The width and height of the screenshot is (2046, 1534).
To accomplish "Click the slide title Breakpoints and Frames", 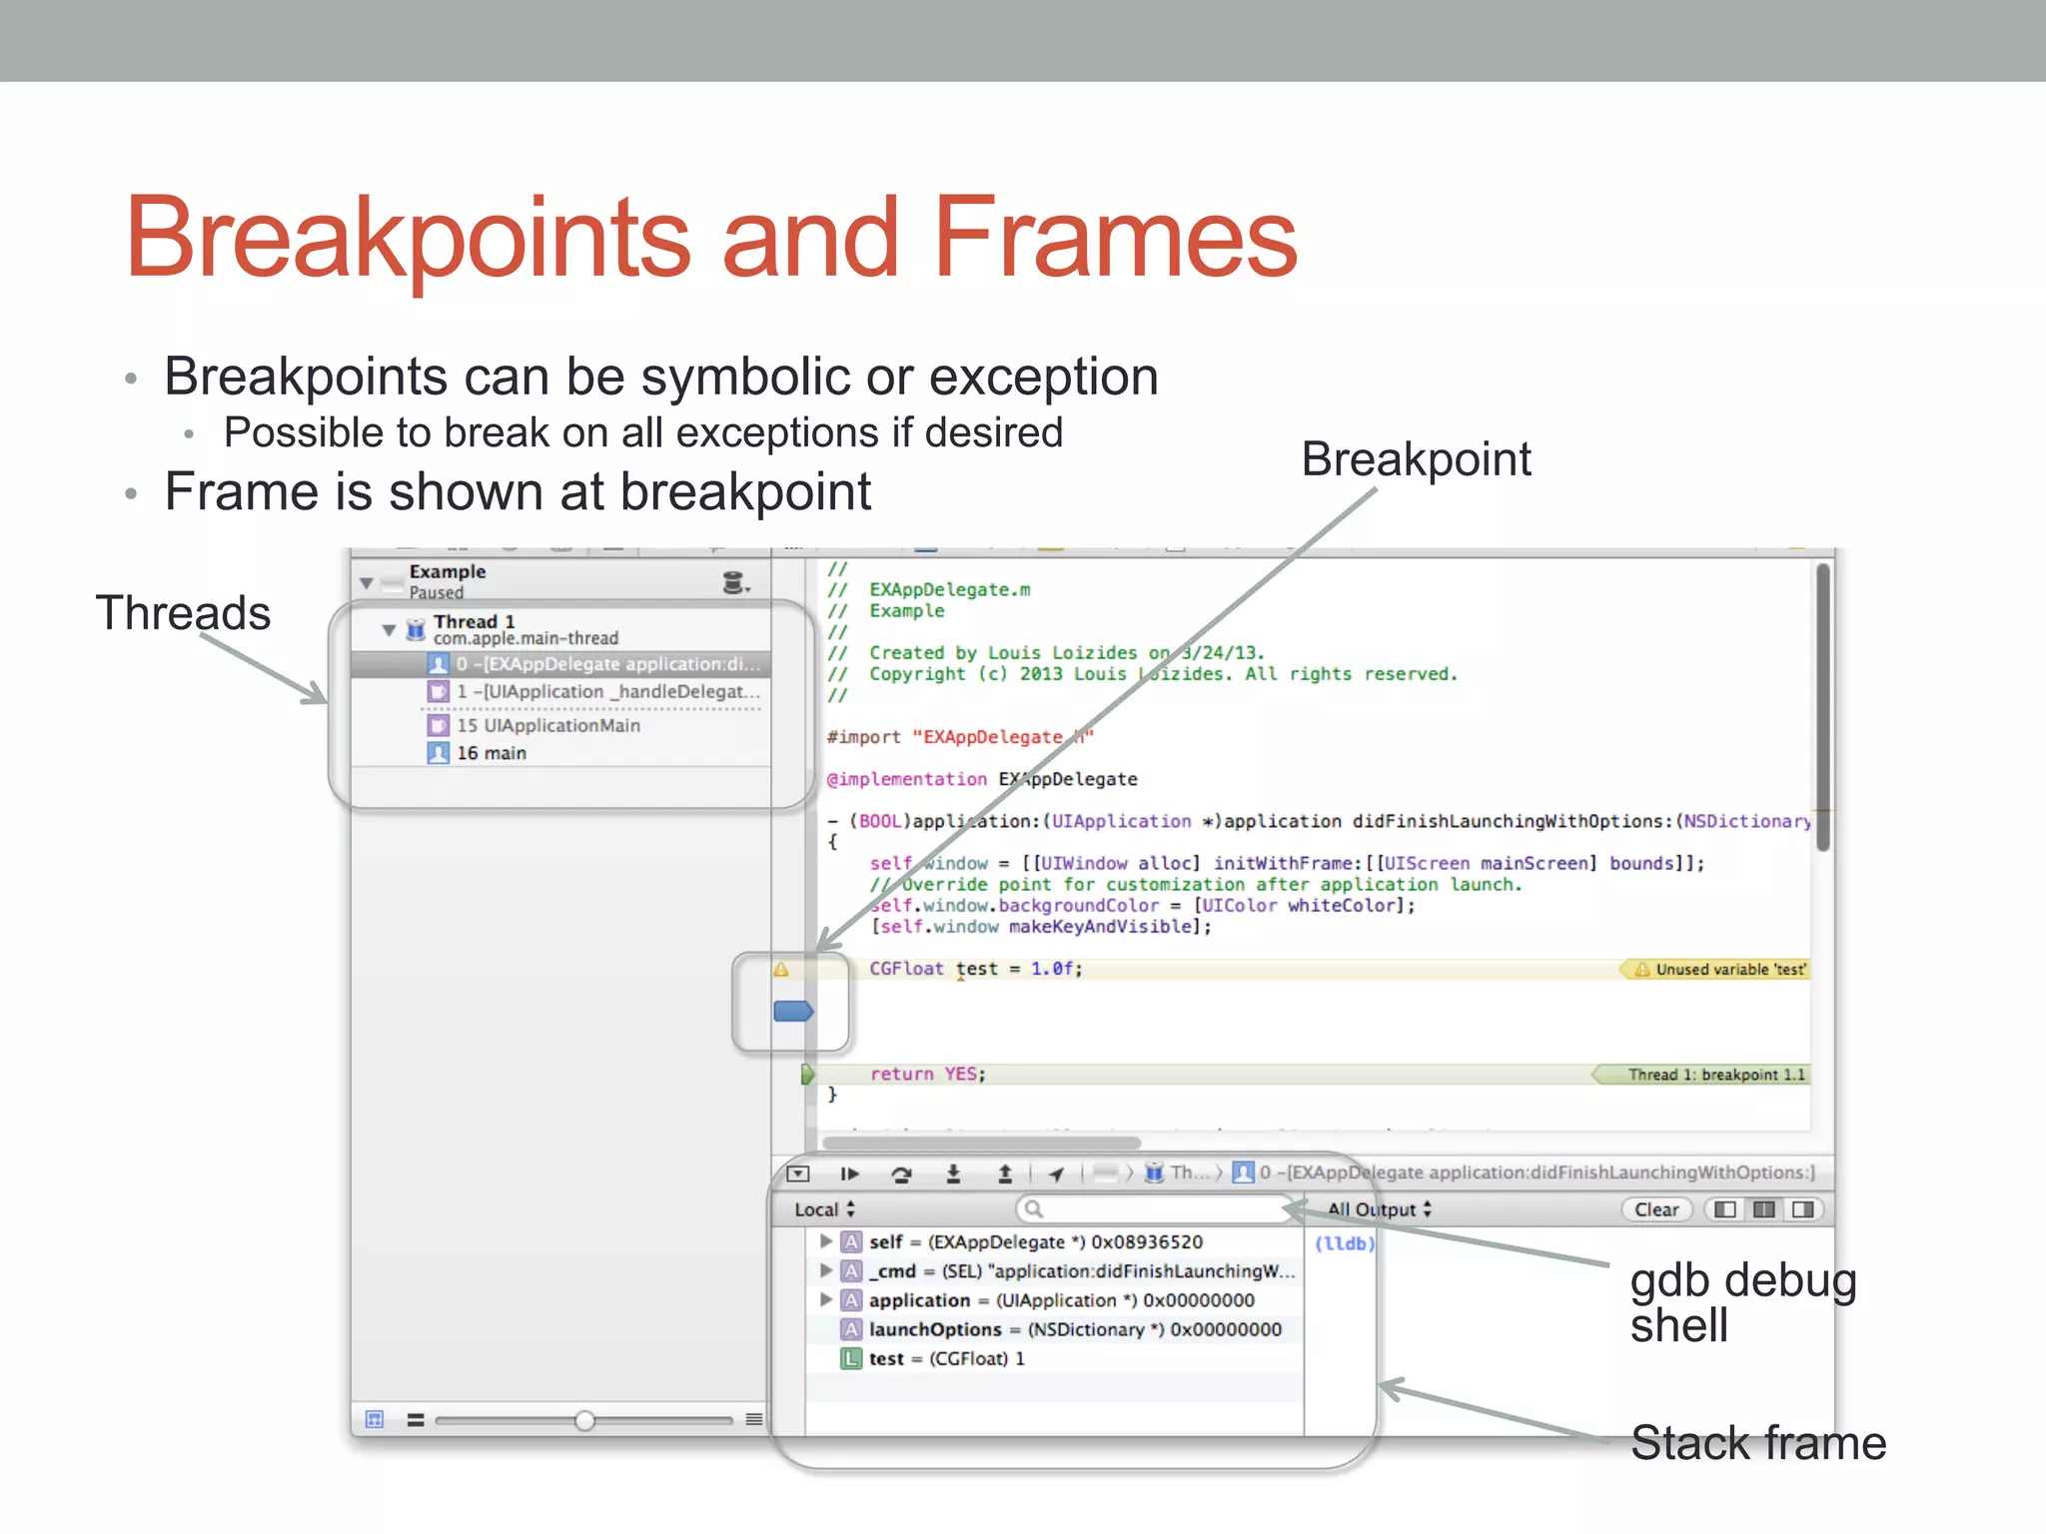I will pyautogui.click(x=710, y=239).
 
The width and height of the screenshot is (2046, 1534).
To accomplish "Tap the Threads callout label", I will pyautogui.click(x=183, y=612).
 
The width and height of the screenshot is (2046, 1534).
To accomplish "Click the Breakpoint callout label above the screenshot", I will pyautogui.click(x=1416, y=459).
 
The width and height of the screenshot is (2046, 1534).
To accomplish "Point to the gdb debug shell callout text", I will pyautogui.click(x=1742, y=1302).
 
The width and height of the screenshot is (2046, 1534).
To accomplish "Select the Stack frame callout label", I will pyautogui.click(x=1757, y=1443).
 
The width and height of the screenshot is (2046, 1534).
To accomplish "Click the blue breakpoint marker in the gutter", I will pyautogui.click(x=793, y=1012).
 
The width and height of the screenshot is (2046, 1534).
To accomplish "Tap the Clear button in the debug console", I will pyautogui.click(x=1655, y=1209).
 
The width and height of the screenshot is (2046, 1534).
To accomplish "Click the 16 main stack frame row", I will pyautogui.click(x=492, y=753).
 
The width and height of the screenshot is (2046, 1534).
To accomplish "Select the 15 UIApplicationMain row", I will pyautogui.click(x=547, y=725).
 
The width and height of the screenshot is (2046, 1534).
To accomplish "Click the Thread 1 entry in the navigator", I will pyautogui.click(x=475, y=622).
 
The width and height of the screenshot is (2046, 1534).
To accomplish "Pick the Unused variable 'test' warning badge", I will pyautogui.click(x=1719, y=969).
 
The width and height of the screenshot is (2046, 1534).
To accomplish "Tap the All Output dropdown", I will pyautogui.click(x=1380, y=1209).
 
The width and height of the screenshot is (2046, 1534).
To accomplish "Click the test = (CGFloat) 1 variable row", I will pyautogui.click(x=945, y=1358).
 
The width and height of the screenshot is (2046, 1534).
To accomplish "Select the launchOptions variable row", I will pyautogui.click(x=1073, y=1329).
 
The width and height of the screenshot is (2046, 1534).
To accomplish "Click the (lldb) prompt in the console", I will pyautogui.click(x=1344, y=1243).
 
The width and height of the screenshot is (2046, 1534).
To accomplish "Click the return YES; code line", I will pyautogui.click(x=927, y=1074).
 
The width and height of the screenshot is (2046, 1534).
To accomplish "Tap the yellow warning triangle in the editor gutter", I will pyautogui.click(x=781, y=969).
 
